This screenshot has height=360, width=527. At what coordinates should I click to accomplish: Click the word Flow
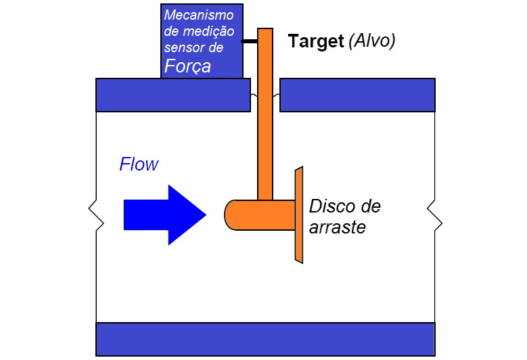pyautogui.click(x=139, y=164)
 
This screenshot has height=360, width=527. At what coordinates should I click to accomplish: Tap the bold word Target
pyautogui.click(x=316, y=41)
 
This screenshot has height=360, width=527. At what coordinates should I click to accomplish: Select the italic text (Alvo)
pyautogui.click(x=371, y=41)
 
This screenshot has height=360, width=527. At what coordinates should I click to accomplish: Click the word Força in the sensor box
pyautogui.click(x=187, y=66)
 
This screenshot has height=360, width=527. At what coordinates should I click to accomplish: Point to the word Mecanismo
pyautogui.click(x=199, y=15)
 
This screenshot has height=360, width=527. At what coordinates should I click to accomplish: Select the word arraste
pyautogui.click(x=338, y=227)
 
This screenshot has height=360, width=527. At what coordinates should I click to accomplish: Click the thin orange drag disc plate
pyautogui.click(x=298, y=215)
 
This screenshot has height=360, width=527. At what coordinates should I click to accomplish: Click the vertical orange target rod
pyautogui.click(x=265, y=122)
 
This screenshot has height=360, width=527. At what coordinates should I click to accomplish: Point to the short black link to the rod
pyautogui.click(x=250, y=42)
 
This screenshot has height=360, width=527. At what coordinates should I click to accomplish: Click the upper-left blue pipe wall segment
pyautogui.click(x=173, y=95)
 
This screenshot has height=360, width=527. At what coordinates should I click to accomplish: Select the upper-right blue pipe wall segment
pyautogui.click(x=357, y=95)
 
